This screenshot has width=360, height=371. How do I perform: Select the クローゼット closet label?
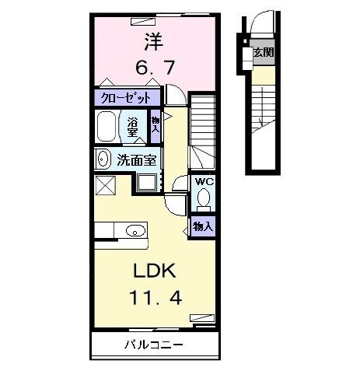128,98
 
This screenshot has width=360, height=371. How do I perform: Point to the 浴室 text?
132,127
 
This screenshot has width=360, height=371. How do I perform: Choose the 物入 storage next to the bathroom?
156,126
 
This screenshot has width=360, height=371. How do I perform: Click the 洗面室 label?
137,160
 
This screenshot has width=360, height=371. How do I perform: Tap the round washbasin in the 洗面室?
103,159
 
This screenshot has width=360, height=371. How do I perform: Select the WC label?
204,181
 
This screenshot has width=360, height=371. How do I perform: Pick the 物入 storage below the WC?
203,226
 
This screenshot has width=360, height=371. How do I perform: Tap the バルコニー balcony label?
152,343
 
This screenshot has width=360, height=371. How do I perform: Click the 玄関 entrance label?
263,53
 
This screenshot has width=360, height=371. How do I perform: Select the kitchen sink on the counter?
135,229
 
